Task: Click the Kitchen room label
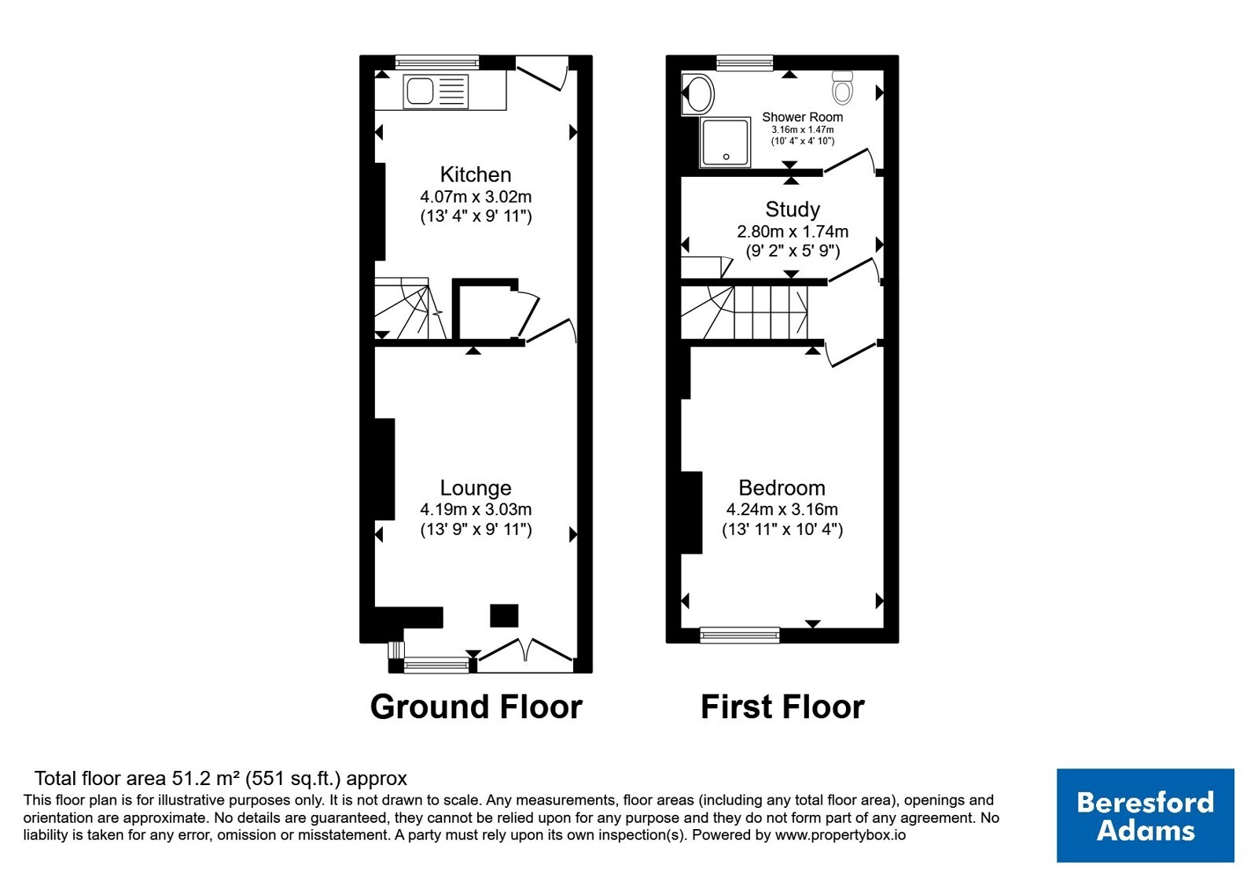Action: [x=475, y=175]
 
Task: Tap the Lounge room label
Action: [x=475, y=488]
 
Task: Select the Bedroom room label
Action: [x=782, y=488]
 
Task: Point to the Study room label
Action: [x=793, y=209]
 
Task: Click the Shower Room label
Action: [x=802, y=117]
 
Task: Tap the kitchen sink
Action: [x=436, y=91]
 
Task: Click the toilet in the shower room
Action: [x=842, y=87]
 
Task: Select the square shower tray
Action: [x=725, y=142]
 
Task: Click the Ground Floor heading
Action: [x=476, y=706]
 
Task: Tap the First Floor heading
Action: [x=782, y=706]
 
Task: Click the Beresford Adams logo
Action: [x=1145, y=815]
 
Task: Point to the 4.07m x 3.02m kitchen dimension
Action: [x=476, y=197]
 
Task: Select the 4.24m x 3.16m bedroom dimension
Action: [x=782, y=509]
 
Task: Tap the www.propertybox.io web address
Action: [x=841, y=835]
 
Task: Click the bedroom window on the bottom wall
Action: [x=740, y=635]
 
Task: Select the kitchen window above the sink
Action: [x=437, y=62]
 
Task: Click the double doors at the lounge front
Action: [x=526, y=654]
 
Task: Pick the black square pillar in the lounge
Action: [x=504, y=615]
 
